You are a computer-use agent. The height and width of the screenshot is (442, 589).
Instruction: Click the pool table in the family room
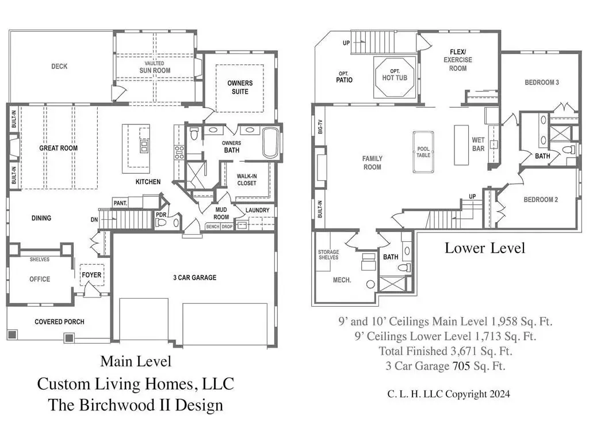coord(423,152)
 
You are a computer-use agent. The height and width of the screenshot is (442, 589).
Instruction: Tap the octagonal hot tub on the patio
coord(395,78)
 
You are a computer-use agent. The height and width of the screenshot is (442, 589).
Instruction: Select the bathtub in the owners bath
coord(270,143)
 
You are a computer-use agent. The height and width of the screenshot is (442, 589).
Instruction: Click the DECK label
coord(59,67)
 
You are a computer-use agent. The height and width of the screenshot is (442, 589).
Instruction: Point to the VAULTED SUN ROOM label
coord(155,67)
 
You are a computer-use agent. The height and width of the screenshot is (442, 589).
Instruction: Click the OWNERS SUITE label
coord(240,87)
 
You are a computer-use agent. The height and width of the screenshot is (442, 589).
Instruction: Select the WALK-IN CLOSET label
coord(247,180)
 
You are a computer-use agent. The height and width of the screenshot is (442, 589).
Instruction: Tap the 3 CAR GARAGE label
coord(194,277)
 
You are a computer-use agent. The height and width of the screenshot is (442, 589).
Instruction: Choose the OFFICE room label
coord(40,279)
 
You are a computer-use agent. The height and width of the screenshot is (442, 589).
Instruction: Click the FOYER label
coord(91,275)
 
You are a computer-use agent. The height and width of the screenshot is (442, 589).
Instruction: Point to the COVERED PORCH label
coord(59,322)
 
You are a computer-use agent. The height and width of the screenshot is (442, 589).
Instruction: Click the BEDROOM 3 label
coord(542,82)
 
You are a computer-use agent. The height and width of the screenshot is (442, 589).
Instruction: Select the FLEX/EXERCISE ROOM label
coord(458,60)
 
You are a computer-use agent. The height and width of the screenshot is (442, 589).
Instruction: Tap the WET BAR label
coord(478,144)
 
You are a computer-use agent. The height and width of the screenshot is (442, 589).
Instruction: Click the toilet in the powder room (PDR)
coord(160,223)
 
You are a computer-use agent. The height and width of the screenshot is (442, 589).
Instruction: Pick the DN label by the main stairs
coord(94,219)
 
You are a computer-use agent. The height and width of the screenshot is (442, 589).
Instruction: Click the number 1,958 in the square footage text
coord(504,321)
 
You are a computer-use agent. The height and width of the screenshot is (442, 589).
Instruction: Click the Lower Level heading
coord(484,248)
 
